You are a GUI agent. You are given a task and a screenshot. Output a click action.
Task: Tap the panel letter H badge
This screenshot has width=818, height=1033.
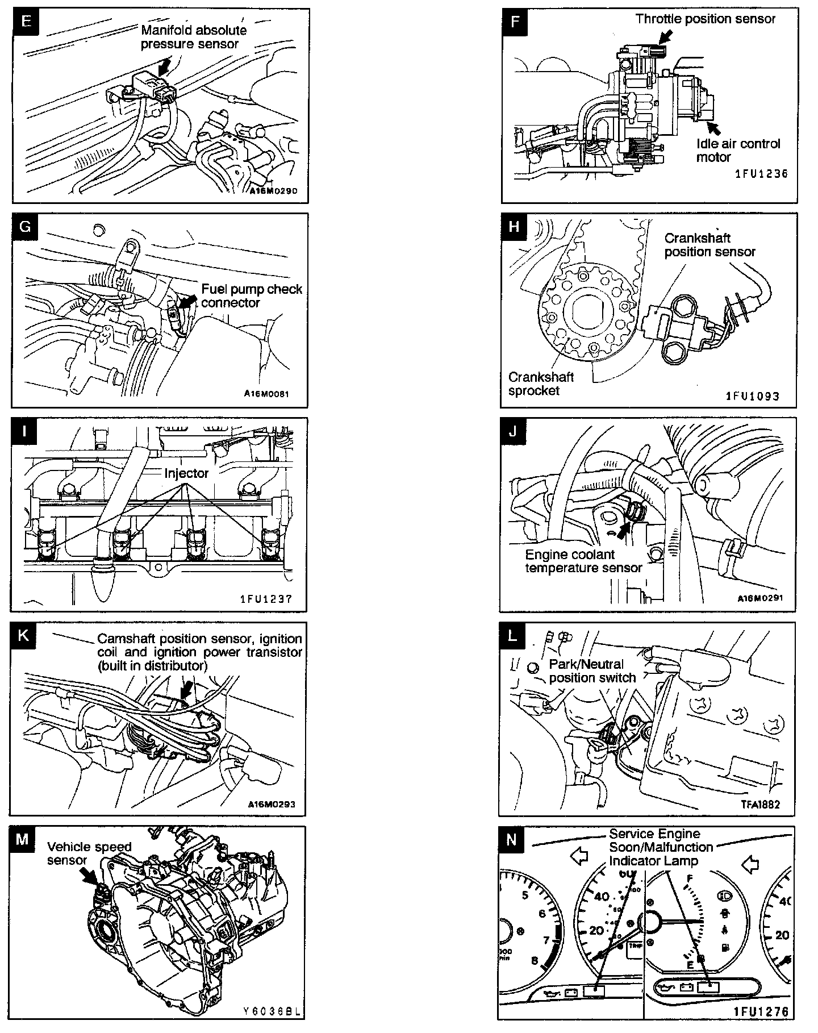point(514,226)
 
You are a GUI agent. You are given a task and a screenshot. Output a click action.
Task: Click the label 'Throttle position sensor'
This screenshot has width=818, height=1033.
point(705,19)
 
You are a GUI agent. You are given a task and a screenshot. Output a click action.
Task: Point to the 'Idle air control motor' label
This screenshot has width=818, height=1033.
point(738,151)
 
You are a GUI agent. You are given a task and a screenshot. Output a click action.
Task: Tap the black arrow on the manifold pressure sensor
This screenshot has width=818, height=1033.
point(165,67)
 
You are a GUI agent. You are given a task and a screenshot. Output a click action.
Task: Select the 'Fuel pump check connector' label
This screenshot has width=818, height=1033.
point(251,295)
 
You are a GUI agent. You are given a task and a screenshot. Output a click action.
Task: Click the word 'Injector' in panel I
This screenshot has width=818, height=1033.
point(186,473)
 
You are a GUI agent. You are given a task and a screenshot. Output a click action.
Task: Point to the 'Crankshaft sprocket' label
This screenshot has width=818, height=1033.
point(540,384)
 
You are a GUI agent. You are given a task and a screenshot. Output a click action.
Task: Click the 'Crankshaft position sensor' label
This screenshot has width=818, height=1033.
point(710,245)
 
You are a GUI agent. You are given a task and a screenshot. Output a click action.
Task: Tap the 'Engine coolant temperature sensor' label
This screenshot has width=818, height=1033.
point(583,561)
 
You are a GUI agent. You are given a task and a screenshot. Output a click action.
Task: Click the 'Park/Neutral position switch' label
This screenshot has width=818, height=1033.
point(592,670)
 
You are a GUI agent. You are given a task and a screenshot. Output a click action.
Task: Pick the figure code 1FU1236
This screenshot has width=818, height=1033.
point(762,174)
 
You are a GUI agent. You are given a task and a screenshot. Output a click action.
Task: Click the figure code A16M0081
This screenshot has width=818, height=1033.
point(266,393)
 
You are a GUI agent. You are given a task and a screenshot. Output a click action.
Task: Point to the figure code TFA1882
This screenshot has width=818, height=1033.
point(760,804)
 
